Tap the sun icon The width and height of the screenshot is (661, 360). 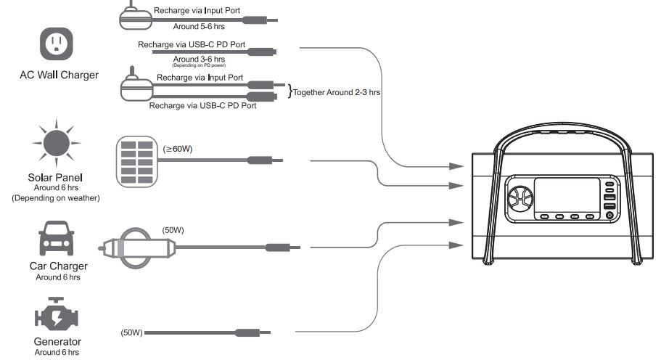point(56,142)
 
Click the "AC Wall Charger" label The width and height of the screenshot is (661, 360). point(59,75)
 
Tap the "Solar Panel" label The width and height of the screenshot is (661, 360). point(56,178)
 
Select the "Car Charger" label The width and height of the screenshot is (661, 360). point(58,266)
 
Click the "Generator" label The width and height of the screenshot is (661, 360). point(57,341)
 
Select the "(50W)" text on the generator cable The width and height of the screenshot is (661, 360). point(131,333)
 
